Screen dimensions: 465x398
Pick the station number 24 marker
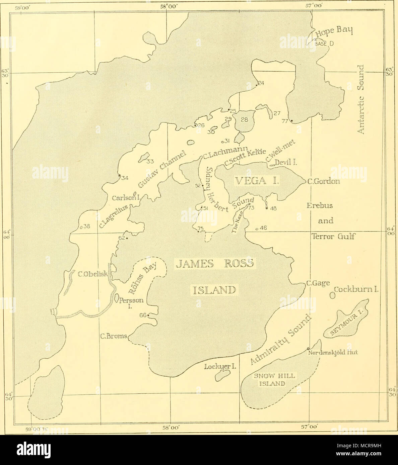click(257, 85)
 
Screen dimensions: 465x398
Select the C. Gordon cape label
click(324, 182)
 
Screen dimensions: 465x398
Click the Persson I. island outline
click(117, 297)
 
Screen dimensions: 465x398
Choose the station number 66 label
click(143, 315)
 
